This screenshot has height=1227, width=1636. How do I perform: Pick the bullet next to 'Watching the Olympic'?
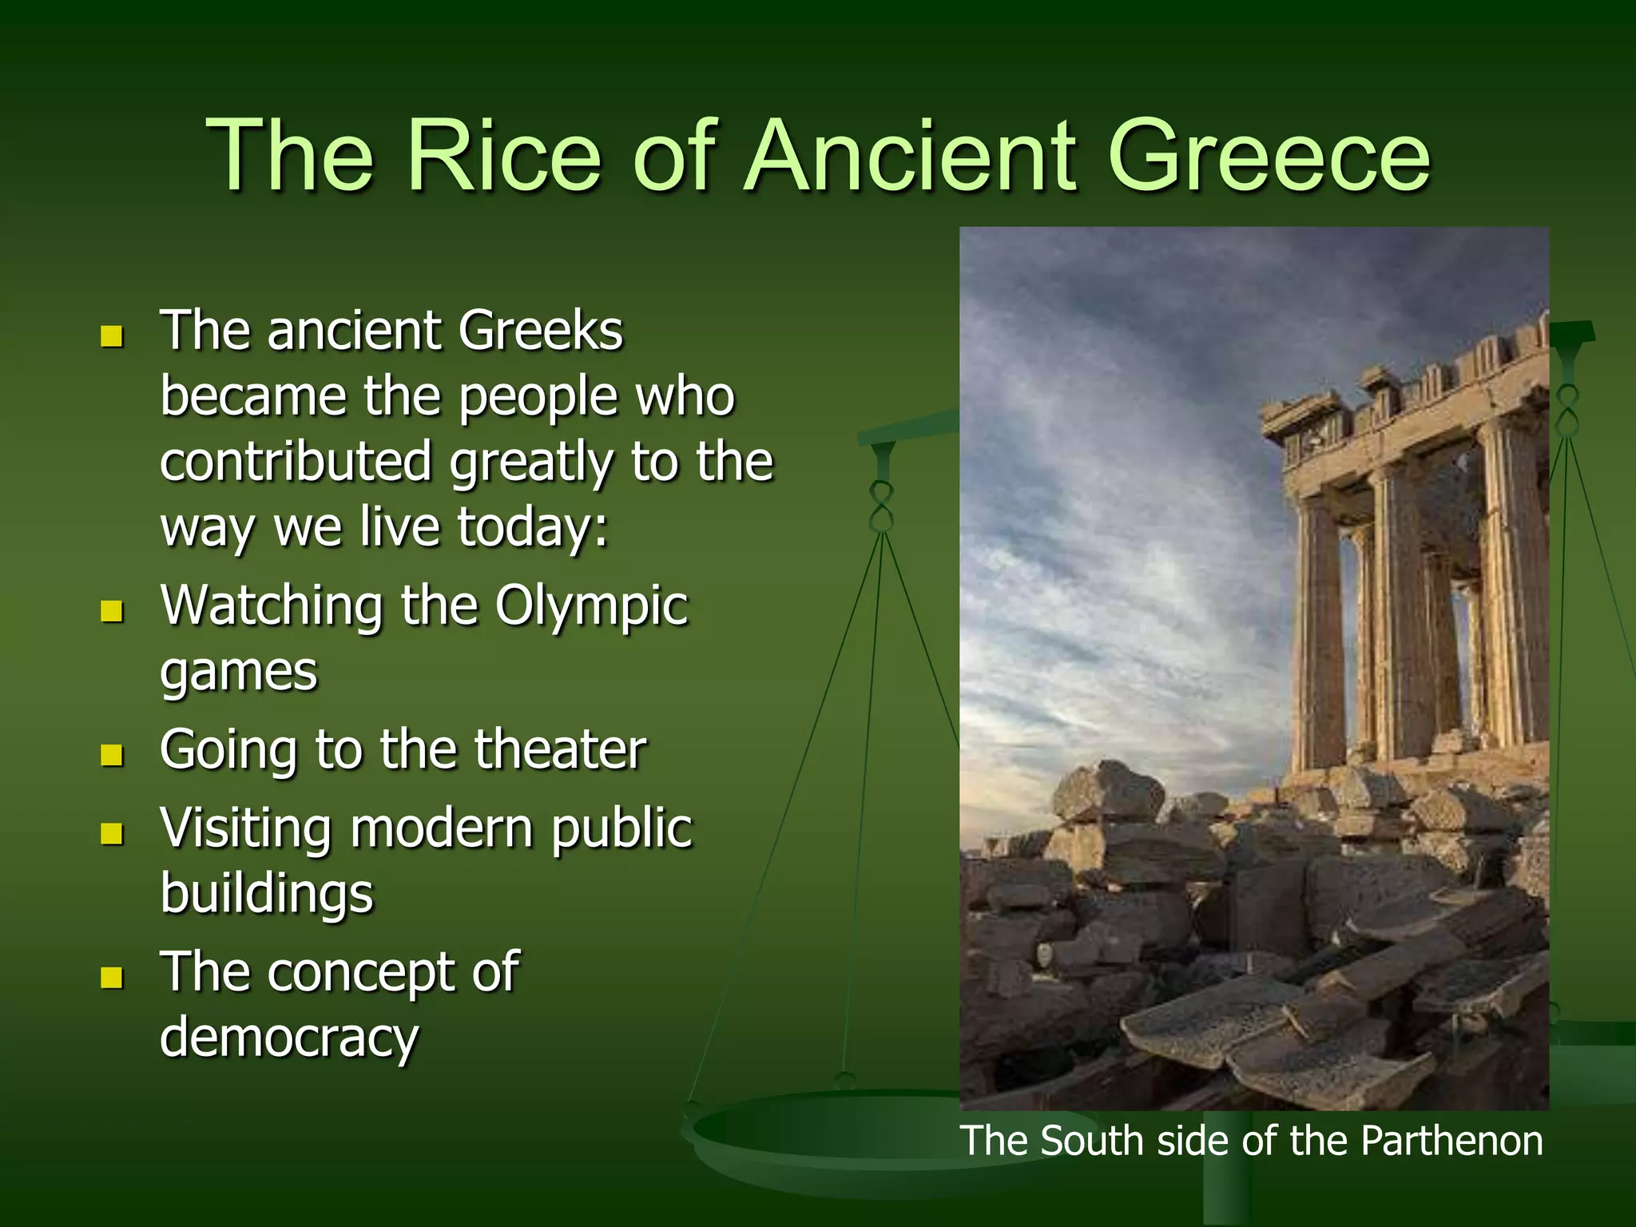tap(112, 612)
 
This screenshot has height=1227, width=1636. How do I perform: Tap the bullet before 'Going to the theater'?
tap(112, 755)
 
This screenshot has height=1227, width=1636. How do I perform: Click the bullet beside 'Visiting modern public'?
tap(112, 834)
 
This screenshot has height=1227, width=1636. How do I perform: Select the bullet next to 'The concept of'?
tap(112, 977)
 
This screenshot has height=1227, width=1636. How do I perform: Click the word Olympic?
tap(591, 607)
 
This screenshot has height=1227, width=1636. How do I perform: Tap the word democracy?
tap(289, 1038)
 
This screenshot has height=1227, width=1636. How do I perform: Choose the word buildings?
tap(267, 894)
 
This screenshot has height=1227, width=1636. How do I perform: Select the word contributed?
tap(296, 462)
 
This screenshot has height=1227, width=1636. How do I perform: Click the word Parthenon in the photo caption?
tap(1451, 1140)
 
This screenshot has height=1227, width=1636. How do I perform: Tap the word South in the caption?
tap(1091, 1140)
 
